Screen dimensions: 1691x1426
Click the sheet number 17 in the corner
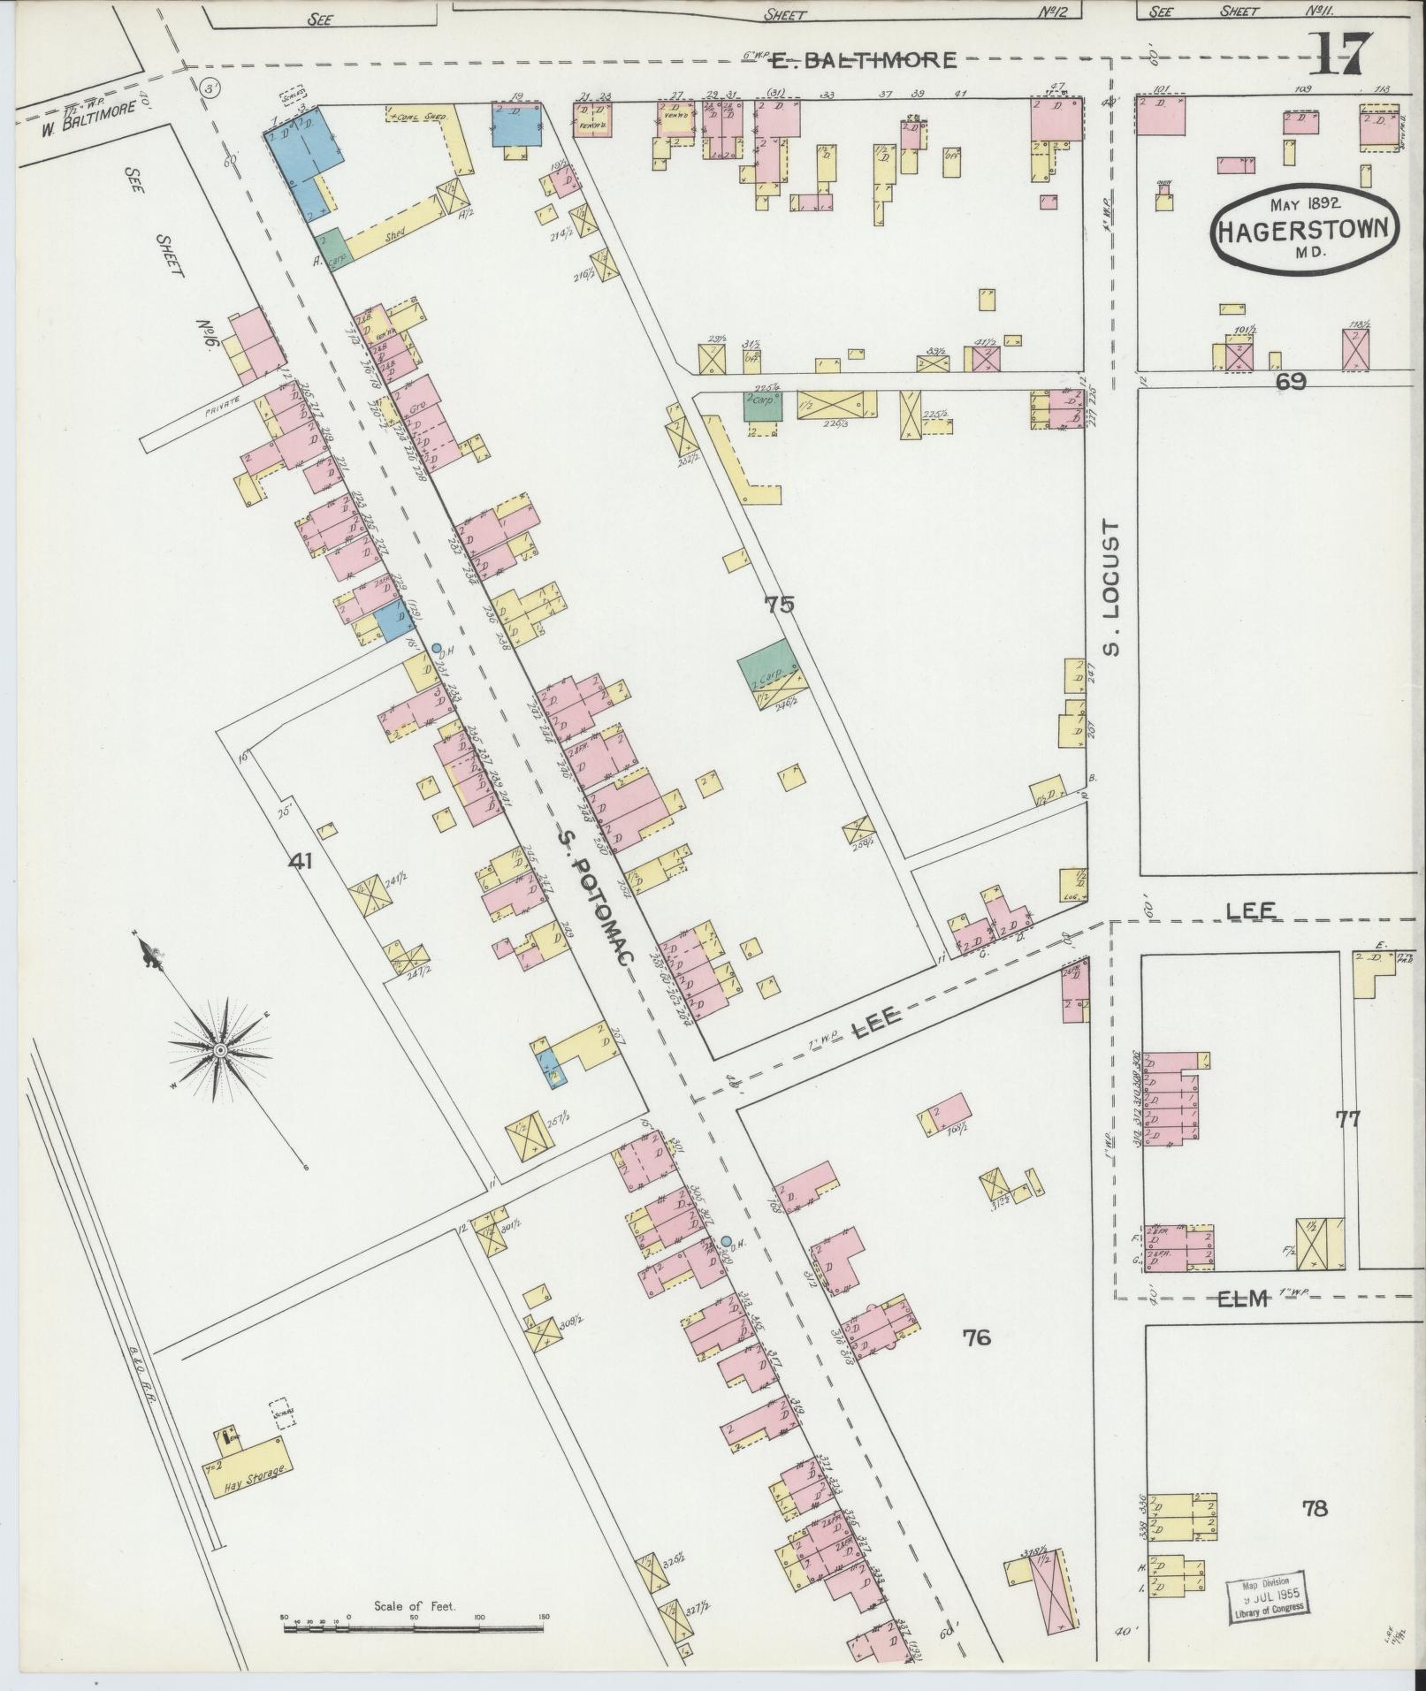(x=1340, y=55)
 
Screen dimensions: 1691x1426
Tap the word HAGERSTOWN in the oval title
(x=1304, y=232)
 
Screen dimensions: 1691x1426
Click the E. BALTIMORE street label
(x=864, y=60)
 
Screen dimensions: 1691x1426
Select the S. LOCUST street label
(x=1112, y=587)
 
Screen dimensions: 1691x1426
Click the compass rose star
(x=217, y=1049)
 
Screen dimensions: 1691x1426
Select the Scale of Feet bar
(x=415, y=1617)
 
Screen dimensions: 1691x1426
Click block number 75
(x=780, y=605)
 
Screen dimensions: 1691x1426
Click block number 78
(x=1315, y=1508)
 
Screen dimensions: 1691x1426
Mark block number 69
(x=1291, y=381)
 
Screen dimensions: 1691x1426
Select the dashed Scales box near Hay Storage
(x=283, y=1413)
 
